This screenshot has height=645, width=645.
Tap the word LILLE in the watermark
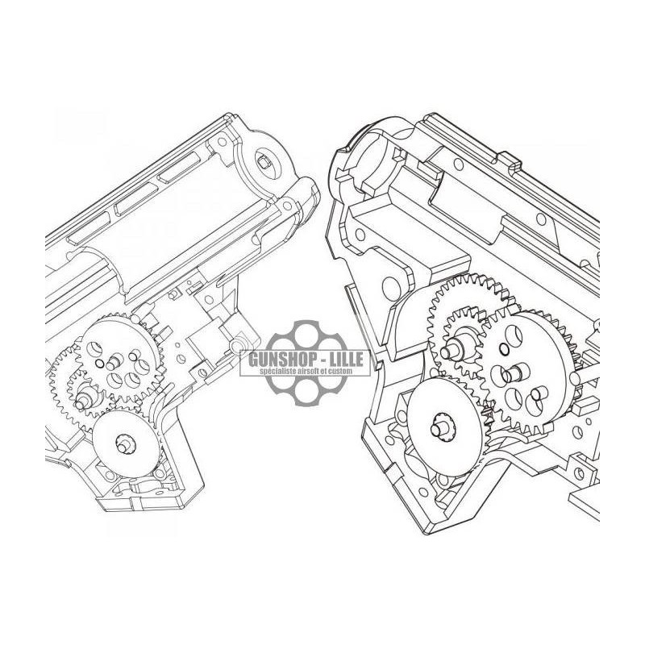pyautogui.click(x=343, y=359)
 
